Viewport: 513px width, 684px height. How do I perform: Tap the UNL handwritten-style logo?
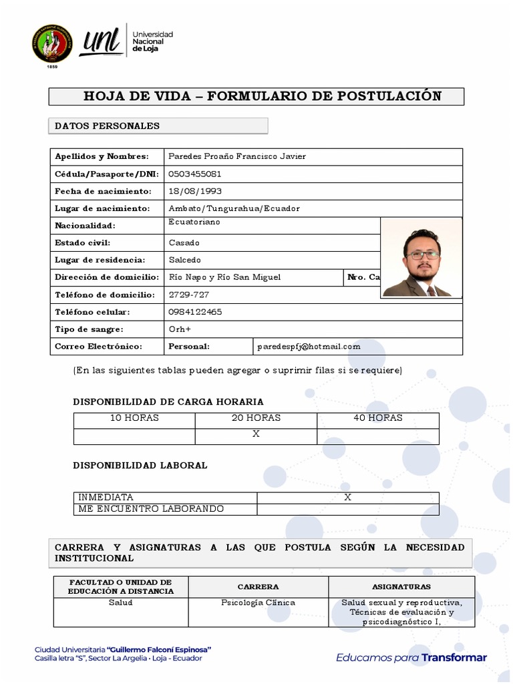click(x=100, y=43)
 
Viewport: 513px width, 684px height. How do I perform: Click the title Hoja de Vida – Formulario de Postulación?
click(x=262, y=96)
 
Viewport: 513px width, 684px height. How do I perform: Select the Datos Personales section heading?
click(x=107, y=126)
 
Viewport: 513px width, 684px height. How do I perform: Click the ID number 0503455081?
click(x=195, y=174)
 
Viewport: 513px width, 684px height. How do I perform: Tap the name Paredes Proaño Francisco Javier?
click(x=237, y=156)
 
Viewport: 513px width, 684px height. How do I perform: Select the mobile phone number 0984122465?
click(x=196, y=312)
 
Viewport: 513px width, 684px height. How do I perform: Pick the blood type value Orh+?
click(x=180, y=329)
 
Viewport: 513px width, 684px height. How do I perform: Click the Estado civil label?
click(x=83, y=243)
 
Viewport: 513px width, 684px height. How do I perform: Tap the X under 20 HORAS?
click(x=256, y=434)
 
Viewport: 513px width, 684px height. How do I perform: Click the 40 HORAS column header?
click(x=378, y=418)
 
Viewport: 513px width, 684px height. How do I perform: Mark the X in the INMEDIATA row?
click(x=347, y=498)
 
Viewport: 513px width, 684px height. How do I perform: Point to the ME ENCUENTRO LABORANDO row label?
click(x=151, y=509)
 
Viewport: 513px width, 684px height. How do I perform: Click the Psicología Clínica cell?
click(x=258, y=603)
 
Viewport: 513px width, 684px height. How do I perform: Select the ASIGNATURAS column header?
click(x=401, y=586)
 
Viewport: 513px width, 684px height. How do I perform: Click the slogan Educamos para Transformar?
click(x=411, y=658)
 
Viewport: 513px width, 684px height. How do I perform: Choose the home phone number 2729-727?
click(x=189, y=295)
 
